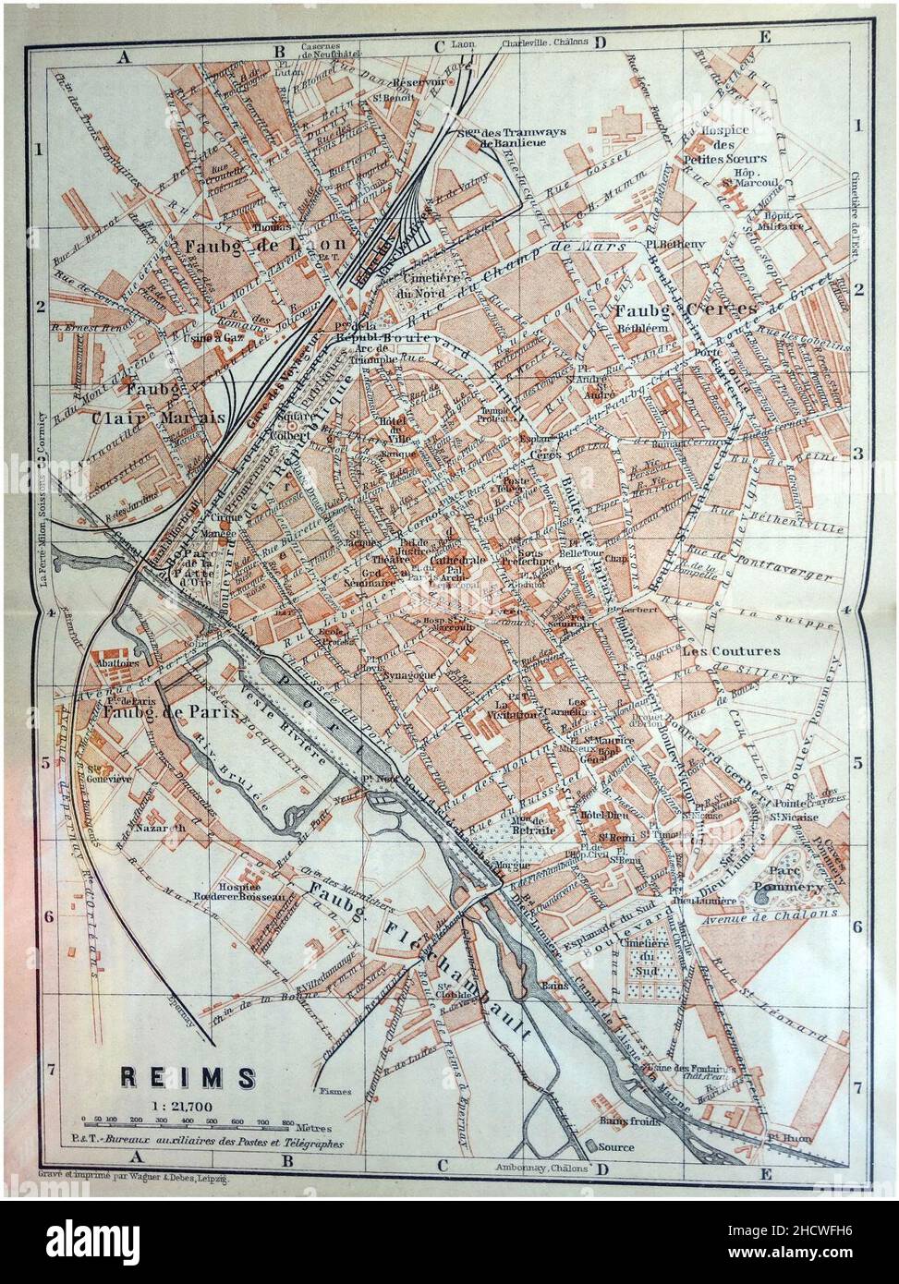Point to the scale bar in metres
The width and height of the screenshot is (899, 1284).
pyautogui.click(x=185, y=1126)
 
